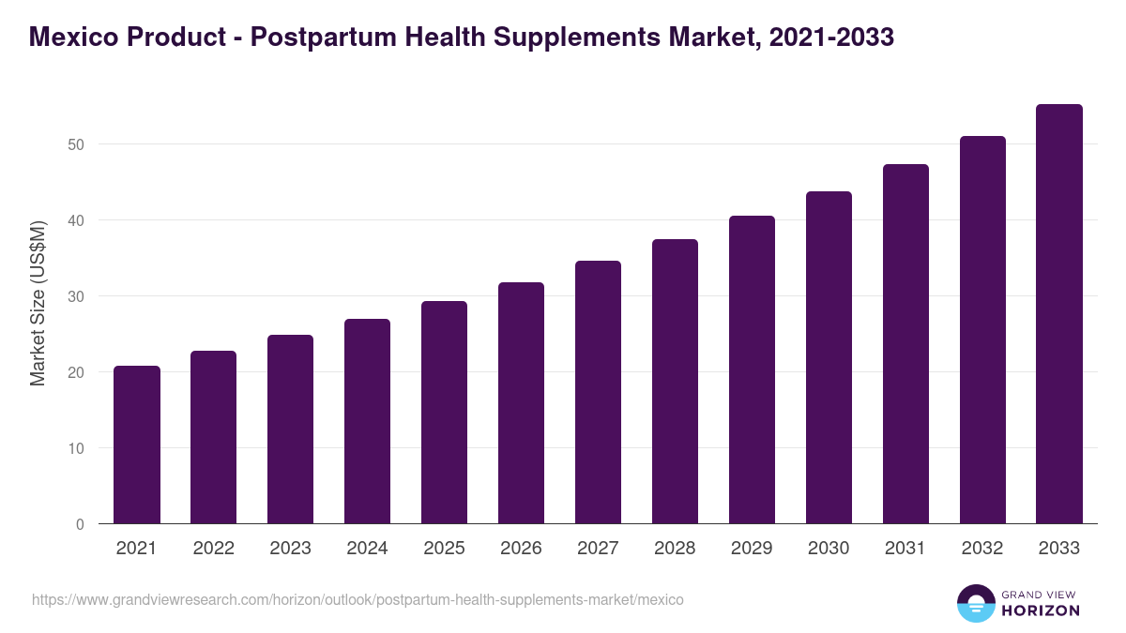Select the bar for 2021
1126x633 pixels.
[137, 445]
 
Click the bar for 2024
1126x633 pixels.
[368, 421]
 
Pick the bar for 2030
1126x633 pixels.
[829, 357]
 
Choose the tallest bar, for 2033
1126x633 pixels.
[1059, 314]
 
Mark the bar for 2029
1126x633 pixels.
[753, 369]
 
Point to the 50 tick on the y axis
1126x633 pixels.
[76, 144]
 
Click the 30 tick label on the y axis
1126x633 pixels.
[76, 296]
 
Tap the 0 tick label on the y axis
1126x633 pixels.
[80, 524]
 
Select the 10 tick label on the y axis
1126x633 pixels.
[76, 448]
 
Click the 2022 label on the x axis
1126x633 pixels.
[214, 549]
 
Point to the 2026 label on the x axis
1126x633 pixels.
[522, 549]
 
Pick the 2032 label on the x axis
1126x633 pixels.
[982, 549]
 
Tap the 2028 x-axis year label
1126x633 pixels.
[676, 549]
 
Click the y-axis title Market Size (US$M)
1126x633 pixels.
[38, 304]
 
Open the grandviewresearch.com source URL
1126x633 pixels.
[358, 599]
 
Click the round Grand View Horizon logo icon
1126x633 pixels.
[976, 604]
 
